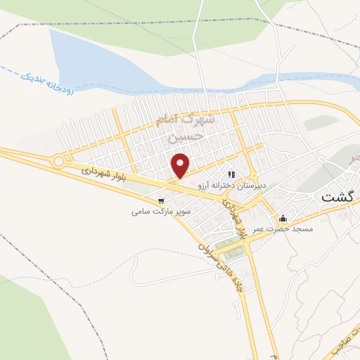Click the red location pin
(181, 165)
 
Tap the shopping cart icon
(161, 200)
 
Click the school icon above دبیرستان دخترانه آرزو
(230, 174)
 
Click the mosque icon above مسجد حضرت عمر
(283, 218)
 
